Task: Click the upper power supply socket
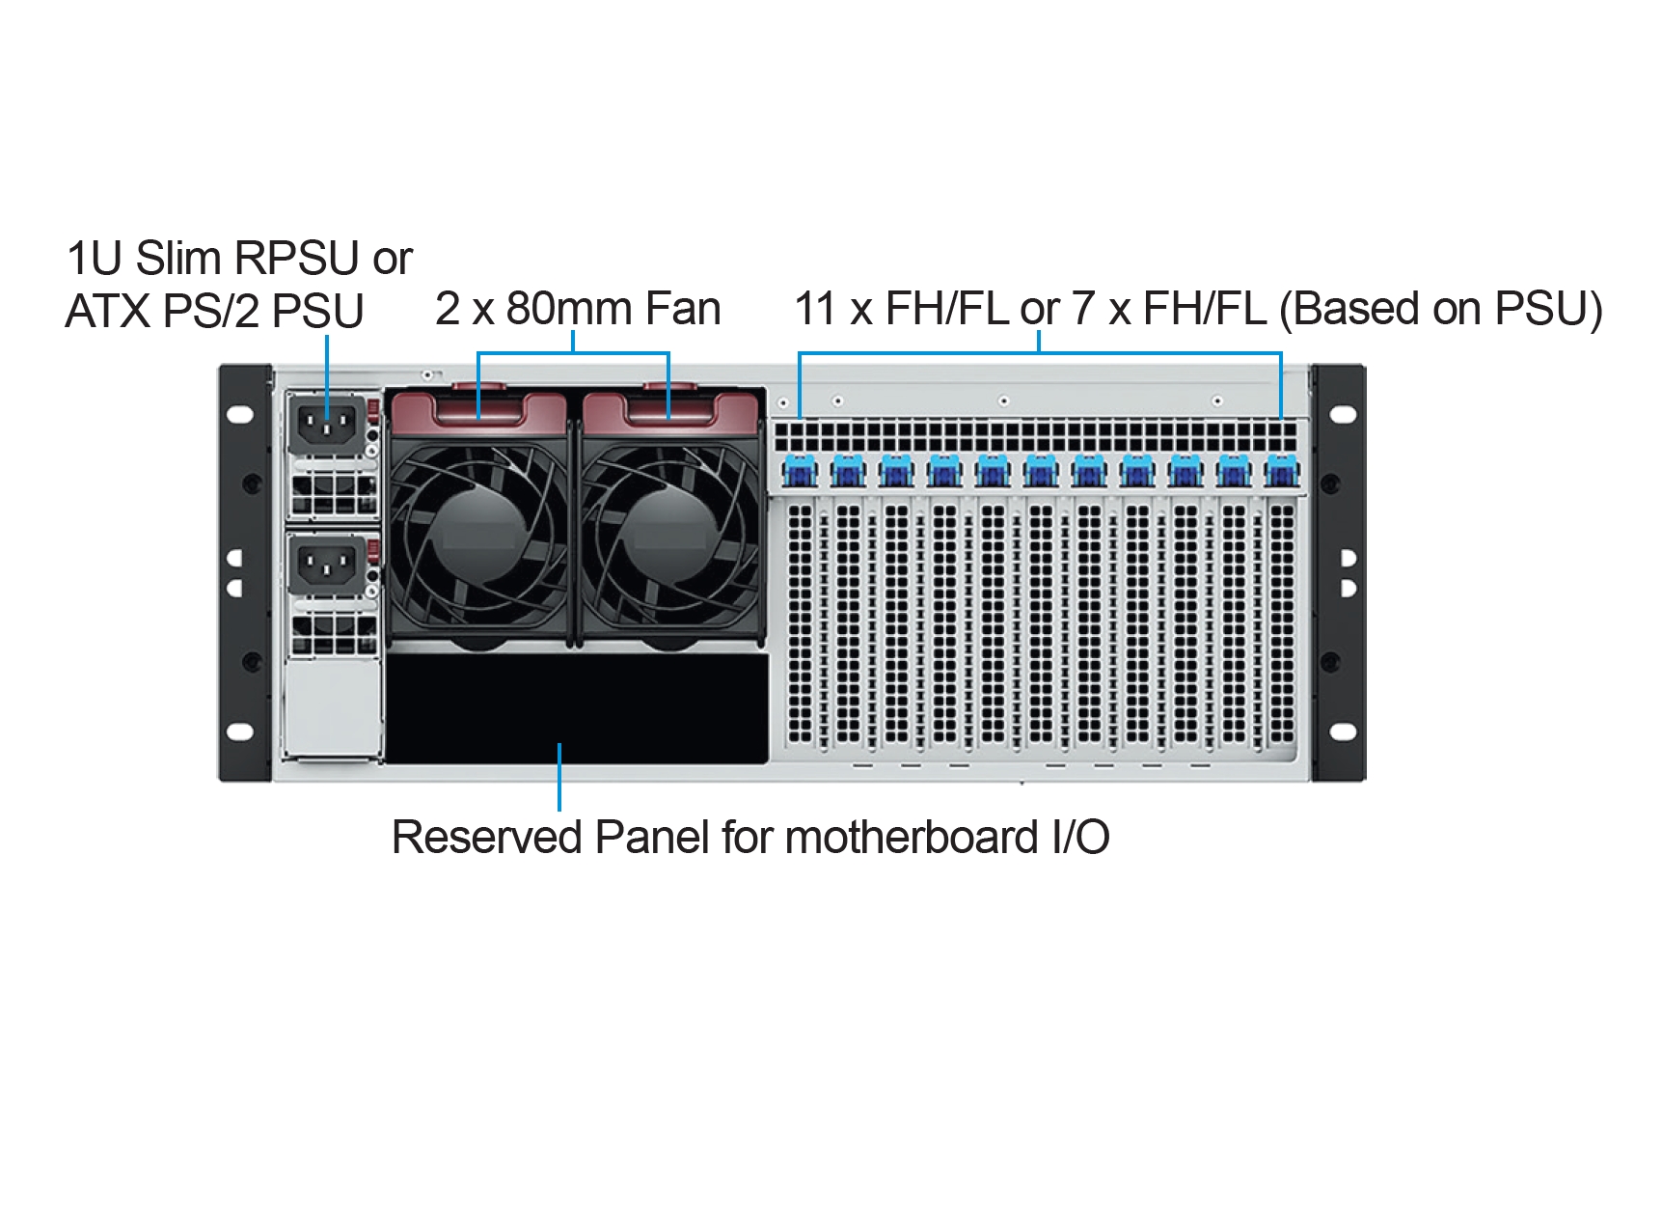(x=326, y=424)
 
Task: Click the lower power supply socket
(x=326, y=565)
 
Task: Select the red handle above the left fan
(x=478, y=405)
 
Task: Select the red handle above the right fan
(x=669, y=405)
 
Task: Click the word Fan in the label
(x=683, y=309)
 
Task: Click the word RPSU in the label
(x=297, y=259)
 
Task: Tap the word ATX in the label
(x=107, y=312)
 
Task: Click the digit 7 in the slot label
(x=1082, y=309)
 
